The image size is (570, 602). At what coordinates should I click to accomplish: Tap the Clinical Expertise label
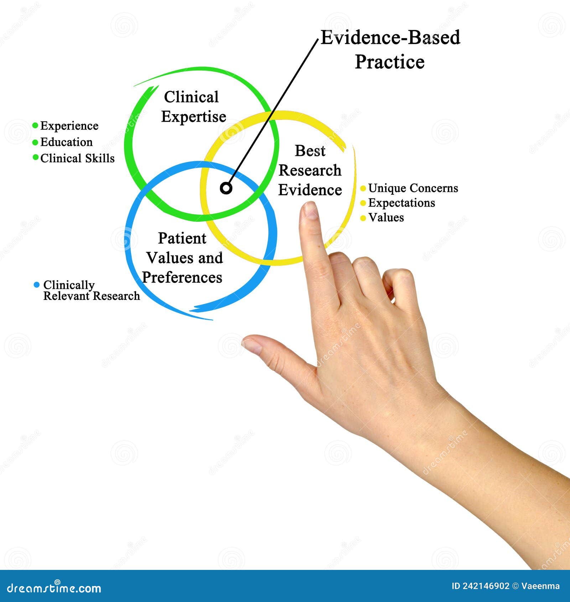(x=193, y=107)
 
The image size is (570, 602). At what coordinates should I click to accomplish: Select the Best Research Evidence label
(x=310, y=170)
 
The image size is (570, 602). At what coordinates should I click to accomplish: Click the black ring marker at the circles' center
(x=226, y=188)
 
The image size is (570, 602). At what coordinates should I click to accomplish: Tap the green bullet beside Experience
(x=35, y=126)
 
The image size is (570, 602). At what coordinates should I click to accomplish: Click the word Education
(x=66, y=142)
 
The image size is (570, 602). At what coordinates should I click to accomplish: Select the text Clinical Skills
(x=77, y=158)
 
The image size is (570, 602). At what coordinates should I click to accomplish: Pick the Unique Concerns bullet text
(x=413, y=188)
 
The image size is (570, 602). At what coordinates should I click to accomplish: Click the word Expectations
(x=401, y=203)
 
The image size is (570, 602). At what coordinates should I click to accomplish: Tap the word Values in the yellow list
(x=386, y=217)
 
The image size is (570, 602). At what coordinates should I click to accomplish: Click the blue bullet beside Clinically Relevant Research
(x=36, y=285)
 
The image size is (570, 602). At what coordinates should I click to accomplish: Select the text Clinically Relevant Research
(x=91, y=290)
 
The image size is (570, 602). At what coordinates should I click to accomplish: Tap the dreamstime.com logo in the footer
(x=54, y=588)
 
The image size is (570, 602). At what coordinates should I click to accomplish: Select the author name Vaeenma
(x=540, y=586)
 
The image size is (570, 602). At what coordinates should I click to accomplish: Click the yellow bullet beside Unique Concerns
(x=363, y=188)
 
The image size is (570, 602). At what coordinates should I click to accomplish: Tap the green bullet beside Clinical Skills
(x=35, y=157)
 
